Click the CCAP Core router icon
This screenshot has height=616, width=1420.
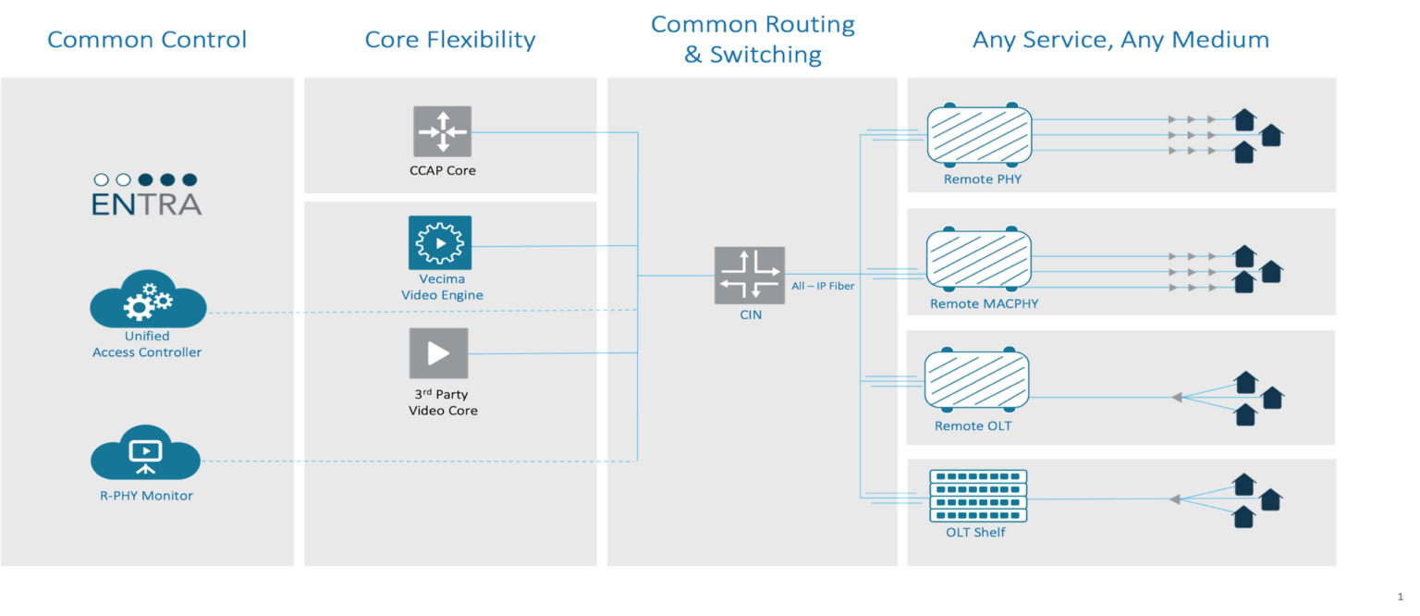point(442,131)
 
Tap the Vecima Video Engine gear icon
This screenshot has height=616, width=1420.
point(440,243)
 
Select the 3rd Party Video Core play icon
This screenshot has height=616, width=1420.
point(439,353)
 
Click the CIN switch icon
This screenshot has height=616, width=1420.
point(750,276)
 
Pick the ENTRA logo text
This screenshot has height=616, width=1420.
point(146,204)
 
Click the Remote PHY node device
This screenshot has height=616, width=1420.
point(979,136)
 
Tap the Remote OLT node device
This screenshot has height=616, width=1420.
point(977,380)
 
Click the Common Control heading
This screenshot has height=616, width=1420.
point(147,40)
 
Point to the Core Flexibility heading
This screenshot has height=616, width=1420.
point(450,40)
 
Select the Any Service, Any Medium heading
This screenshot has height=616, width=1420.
point(1120,40)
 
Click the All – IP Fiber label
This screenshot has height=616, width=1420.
point(823,287)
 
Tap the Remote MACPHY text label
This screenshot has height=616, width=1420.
point(984,303)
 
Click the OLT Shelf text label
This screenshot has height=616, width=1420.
point(975,533)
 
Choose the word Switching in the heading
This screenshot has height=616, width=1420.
point(765,55)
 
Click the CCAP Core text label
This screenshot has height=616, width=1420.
point(443,170)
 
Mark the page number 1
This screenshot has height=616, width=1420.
point(1400,598)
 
